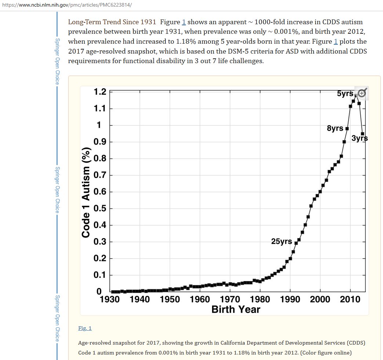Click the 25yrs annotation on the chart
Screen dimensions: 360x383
(x=281, y=241)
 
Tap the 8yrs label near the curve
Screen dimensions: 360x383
(x=335, y=128)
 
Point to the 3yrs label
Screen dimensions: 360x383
(x=360, y=138)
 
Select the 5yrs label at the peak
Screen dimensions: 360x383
(x=345, y=94)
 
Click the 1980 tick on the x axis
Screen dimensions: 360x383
(x=260, y=299)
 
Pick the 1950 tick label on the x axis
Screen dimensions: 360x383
(x=169, y=299)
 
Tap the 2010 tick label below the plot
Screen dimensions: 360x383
(x=350, y=299)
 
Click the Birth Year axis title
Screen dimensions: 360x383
(x=236, y=309)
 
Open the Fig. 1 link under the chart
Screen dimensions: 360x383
(x=85, y=328)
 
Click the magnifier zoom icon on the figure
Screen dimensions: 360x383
(x=362, y=93)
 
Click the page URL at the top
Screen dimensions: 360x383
(x=67, y=5)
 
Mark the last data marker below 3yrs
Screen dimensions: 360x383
(x=362, y=134)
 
